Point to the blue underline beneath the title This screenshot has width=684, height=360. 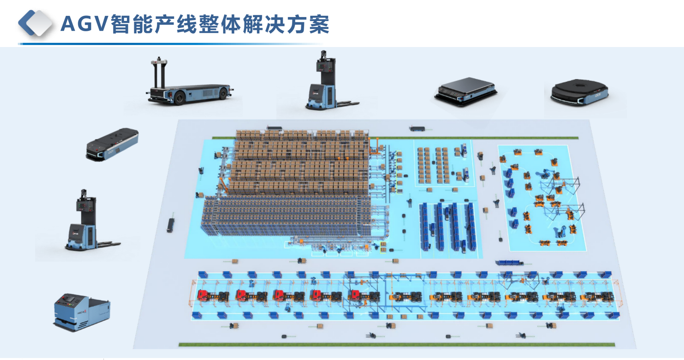coord(171,44)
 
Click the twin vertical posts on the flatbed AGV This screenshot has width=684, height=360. coord(159,73)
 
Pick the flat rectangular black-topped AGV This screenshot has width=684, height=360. coord(466,90)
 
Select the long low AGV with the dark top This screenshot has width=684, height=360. coord(112,144)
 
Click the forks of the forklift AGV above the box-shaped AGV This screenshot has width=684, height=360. coord(109,244)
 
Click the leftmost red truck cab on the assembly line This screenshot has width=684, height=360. coord(203,295)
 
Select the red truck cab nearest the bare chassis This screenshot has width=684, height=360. coord(355,295)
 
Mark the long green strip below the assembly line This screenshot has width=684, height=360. coord(397,344)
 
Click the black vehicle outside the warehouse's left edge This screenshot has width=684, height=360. coord(171,225)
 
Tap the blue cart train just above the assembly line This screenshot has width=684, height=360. coord(509,263)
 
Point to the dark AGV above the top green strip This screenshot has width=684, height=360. coord(417,128)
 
